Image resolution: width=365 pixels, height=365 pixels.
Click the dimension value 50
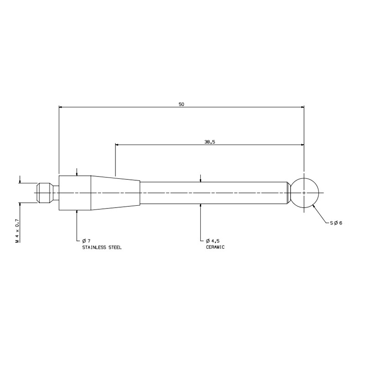181,104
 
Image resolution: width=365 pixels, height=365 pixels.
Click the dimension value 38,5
210,142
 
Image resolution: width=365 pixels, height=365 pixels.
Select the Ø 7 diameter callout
86,241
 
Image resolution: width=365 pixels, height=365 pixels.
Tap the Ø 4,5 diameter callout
213,241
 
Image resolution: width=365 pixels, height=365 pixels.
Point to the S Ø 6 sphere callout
336,223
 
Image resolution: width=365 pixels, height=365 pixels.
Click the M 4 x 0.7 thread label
17,231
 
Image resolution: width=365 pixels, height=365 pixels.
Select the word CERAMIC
215,247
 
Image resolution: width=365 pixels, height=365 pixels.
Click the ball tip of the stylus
304,193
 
